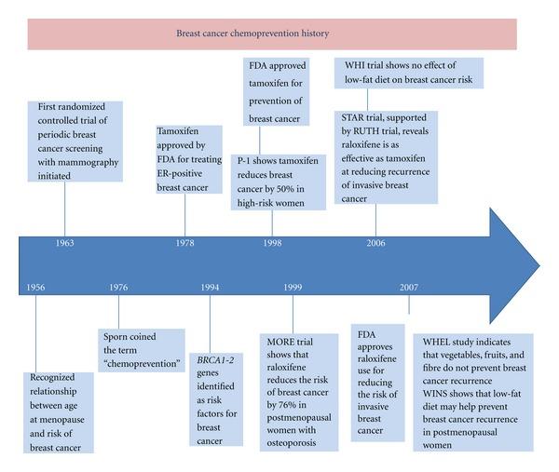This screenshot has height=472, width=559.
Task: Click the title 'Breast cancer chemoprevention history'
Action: [x=252, y=34]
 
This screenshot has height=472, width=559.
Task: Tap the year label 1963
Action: [x=64, y=243]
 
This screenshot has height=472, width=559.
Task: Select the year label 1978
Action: [x=185, y=243]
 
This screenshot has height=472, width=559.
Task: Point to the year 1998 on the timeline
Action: [x=273, y=243]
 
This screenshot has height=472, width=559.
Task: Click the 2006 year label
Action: [x=376, y=243]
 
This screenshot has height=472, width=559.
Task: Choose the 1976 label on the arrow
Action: [x=117, y=287]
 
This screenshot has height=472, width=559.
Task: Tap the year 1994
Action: [x=209, y=287]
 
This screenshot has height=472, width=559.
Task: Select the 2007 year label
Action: [x=408, y=287]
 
